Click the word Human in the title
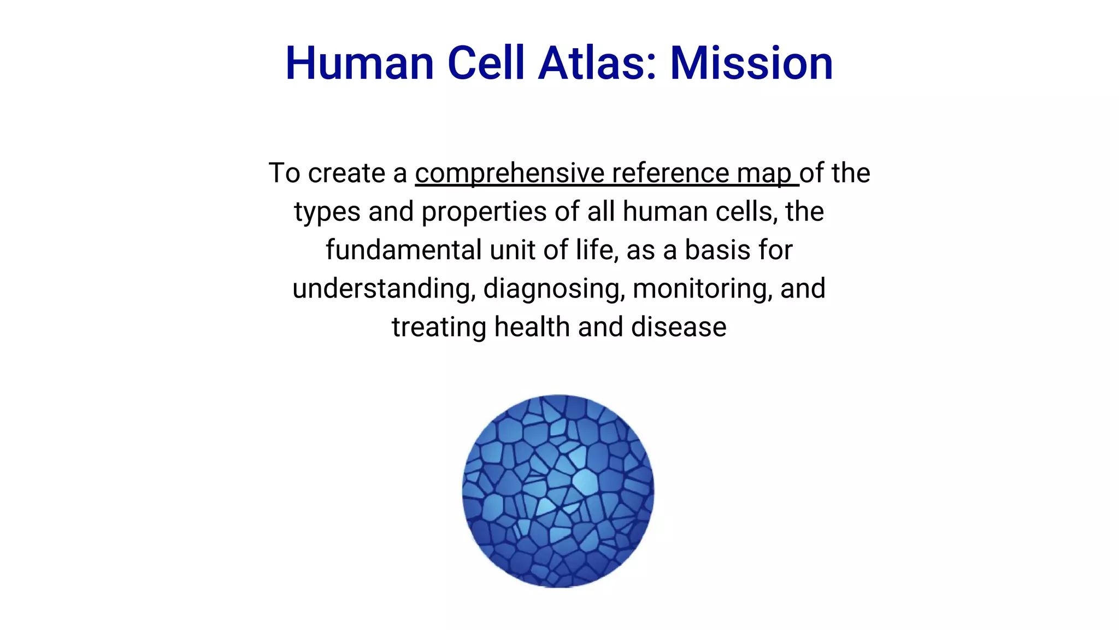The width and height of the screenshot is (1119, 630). tap(360, 63)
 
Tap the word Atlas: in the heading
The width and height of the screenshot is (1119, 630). tap(597, 63)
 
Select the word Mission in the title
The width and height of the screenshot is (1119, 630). tap(751, 63)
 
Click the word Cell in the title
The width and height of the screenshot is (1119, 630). tap(486, 63)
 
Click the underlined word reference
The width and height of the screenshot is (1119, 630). tap(670, 174)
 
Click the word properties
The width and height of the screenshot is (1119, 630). tap(484, 213)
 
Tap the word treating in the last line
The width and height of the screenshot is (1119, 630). tap(439, 328)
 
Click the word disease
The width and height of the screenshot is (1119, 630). tap(679, 327)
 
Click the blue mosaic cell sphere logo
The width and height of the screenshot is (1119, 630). tap(558, 491)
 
